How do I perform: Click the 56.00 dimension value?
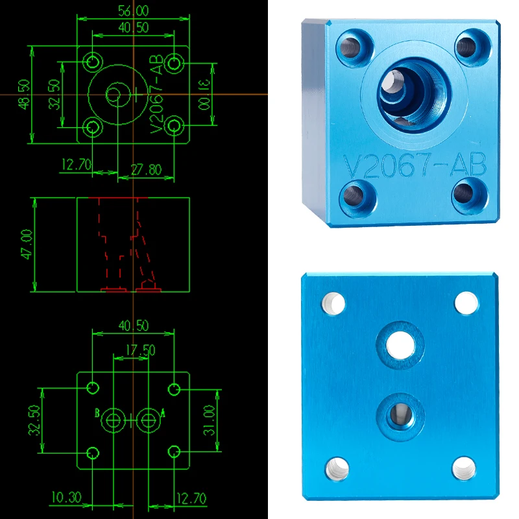pyautogui.click(x=134, y=11)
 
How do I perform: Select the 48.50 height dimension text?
pyautogui.click(x=24, y=94)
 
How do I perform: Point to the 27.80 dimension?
pyautogui.click(x=147, y=170)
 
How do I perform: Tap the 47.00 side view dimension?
pyautogui.click(x=27, y=245)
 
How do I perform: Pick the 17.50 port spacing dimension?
pyautogui.click(x=140, y=350)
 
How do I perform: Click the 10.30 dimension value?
pyautogui.click(x=67, y=497)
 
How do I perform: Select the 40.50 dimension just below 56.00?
pyautogui.click(x=134, y=27)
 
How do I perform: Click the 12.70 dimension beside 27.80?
pyautogui.click(x=77, y=165)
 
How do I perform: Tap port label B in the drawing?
pyautogui.click(x=97, y=413)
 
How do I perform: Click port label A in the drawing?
pyautogui.click(x=163, y=413)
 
